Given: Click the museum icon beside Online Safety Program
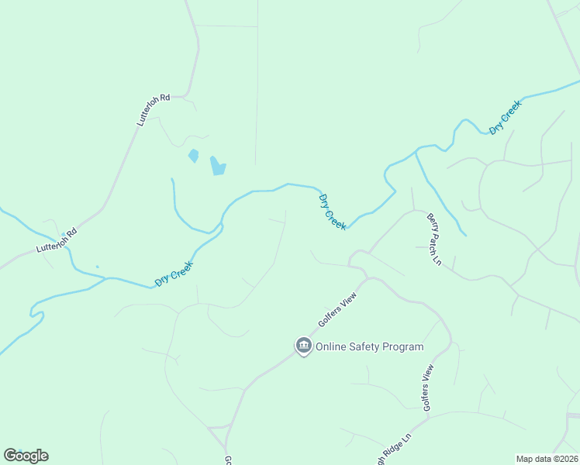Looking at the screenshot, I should pyautogui.click(x=303, y=346).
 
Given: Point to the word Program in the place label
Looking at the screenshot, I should pyautogui.click(x=406, y=347).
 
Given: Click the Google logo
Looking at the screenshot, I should pyautogui.click(x=26, y=456).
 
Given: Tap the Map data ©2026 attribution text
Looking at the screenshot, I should pyautogui.click(x=547, y=459).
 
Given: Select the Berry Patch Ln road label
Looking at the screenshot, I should pyautogui.click(x=433, y=239).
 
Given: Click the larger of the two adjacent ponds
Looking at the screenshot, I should pyautogui.click(x=218, y=166).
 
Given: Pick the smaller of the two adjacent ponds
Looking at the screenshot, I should pyautogui.click(x=193, y=156).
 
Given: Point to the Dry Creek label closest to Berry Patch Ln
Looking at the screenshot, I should pyautogui.click(x=333, y=211).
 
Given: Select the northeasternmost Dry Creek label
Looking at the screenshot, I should pyautogui.click(x=505, y=117).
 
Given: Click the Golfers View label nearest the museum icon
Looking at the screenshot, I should pyautogui.click(x=336, y=311).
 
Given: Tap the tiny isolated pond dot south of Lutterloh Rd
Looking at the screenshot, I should pyautogui.click(x=97, y=267).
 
